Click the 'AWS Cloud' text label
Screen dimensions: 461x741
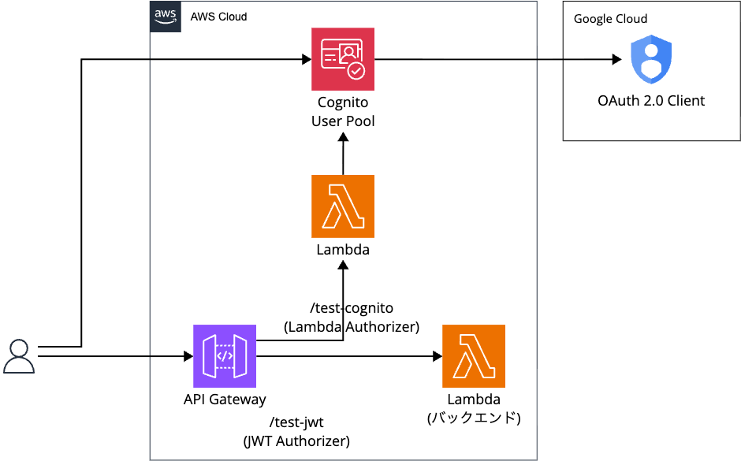[x=218, y=17]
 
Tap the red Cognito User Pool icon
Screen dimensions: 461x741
[x=343, y=59]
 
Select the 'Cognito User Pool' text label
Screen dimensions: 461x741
[x=343, y=112]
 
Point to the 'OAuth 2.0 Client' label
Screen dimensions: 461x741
[x=651, y=101]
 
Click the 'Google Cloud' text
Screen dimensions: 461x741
[x=610, y=19]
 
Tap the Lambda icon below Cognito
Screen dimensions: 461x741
[x=343, y=206]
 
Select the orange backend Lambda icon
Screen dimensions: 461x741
[x=474, y=356]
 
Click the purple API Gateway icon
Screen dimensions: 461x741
[x=225, y=356]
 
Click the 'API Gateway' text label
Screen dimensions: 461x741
[x=225, y=400]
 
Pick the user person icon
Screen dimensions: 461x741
[x=19, y=356]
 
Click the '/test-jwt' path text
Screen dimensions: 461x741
[x=296, y=422]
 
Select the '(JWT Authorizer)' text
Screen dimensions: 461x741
[x=296, y=441]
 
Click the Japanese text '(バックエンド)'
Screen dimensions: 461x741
[x=474, y=418]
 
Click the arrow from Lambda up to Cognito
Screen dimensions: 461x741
[x=343, y=154]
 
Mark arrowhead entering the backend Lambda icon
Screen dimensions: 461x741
[x=437, y=356]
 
